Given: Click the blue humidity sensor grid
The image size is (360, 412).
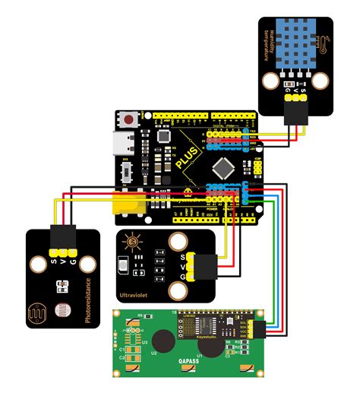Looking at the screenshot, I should click(x=292, y=43).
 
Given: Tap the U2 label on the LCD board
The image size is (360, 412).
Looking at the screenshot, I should click(x=154, y=353).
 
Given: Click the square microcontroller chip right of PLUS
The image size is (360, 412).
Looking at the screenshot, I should click(x=223, y=166).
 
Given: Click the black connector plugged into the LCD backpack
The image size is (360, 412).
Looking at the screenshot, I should click(x=261, y=328).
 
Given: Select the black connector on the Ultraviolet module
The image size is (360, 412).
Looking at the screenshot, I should click(x=204, y=266).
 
